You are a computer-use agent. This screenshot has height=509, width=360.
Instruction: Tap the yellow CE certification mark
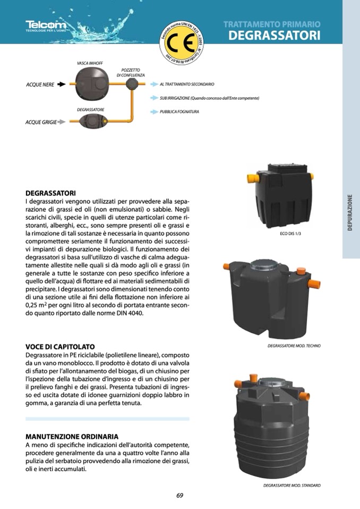point(183,41)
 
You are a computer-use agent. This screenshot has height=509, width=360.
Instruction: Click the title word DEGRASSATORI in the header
point(274,36)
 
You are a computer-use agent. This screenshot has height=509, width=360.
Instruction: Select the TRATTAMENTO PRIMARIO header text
point(271,24)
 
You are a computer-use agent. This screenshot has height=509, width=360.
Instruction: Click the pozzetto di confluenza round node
point(131,84)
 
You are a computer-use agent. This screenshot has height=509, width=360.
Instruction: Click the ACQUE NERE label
point(40,84)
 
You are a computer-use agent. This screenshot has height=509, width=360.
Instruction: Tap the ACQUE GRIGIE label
point(41,123)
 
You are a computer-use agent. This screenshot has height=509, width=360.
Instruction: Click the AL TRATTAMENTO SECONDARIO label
point(186,84)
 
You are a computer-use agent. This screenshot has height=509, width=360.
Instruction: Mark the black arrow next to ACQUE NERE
point(61,84)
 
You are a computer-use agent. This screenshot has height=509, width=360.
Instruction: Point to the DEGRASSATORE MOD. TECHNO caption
point(294,346)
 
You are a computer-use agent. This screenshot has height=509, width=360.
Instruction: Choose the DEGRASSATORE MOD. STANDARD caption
point(292,485)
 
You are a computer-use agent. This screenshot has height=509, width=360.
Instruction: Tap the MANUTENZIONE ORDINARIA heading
point(72,436)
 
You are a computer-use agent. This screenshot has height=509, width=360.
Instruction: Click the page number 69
point(179,496)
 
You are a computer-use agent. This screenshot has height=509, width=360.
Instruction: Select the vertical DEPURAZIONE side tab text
point(350,213)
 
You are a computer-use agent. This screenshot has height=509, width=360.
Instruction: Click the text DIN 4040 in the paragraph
point(130,313)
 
